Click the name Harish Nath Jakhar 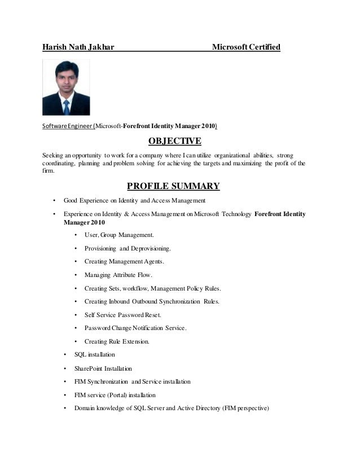click(78, 47)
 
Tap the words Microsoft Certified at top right click(245, 47)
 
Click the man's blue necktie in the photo click(67, 107)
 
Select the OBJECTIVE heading click(174, 140)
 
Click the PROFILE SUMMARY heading click(173, 186)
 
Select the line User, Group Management click(118, 235)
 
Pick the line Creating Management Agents click(124, 261)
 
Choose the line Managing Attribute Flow click(118, 275)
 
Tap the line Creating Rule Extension click(117, 341)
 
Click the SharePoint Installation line click(103, 368)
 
